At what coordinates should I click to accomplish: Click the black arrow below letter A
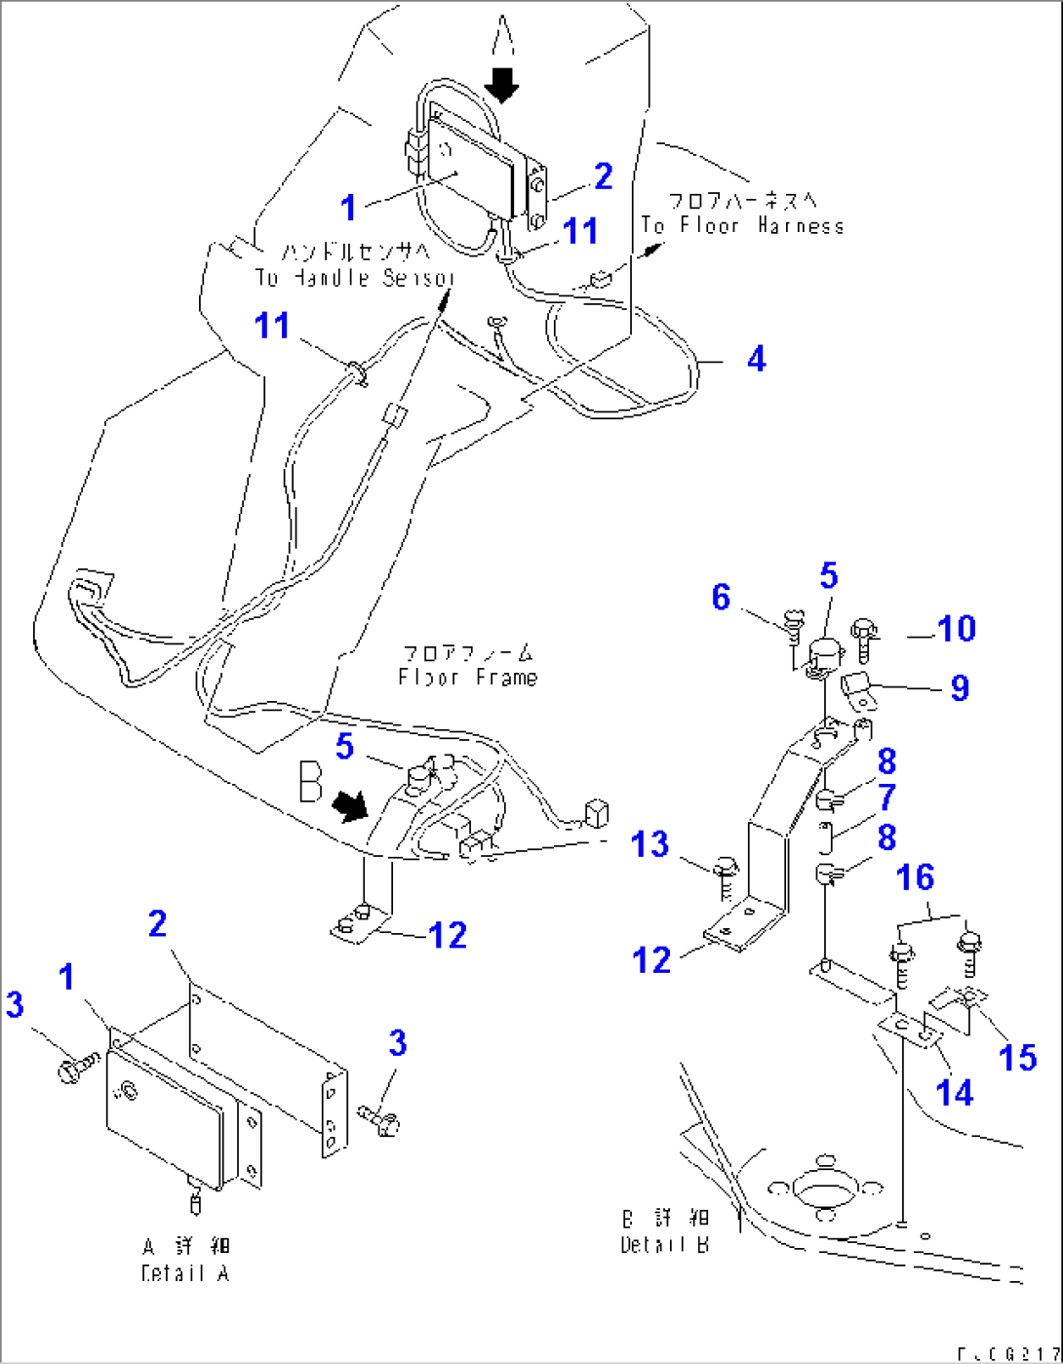coord(502,85)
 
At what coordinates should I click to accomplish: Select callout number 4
coord(756,360)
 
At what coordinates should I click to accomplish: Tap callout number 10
coord(955,629)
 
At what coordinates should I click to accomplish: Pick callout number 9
coord(960,687)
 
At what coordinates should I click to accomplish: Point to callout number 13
coord(650,843)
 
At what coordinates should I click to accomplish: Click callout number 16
coord(915,877)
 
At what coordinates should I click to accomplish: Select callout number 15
coord(1018,1056)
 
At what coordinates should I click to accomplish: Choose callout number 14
coord(954,1092)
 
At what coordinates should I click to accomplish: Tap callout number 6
coord(721,597)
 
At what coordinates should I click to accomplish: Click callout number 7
coord(886,798)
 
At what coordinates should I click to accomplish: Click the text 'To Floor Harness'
coord(742,226)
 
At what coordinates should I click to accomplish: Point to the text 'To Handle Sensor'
coord(355,278)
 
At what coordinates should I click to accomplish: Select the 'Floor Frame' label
coord(467,677)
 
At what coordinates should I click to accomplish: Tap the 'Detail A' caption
coord(184,1273)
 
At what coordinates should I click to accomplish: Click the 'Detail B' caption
coord(664,1245)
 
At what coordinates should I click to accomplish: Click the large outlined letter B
coord(310,782)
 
